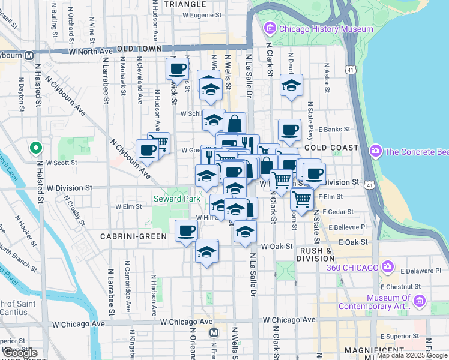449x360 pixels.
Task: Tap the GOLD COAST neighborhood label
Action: pos(331,148)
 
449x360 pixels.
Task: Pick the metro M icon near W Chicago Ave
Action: pos(213,332)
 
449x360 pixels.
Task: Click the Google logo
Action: pos(19,353)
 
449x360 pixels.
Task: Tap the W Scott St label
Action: pos(62,163)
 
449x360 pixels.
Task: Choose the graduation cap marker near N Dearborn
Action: pos(291,86)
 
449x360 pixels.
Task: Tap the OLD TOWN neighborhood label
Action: pos(140,49)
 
